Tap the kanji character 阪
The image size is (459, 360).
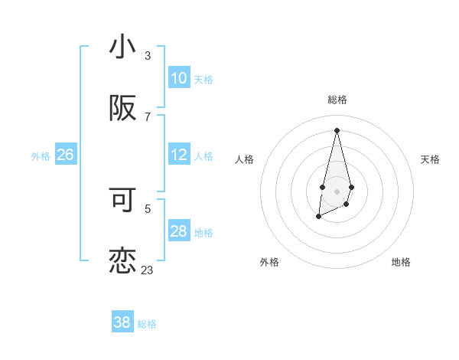122,109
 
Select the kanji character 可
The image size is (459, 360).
122,201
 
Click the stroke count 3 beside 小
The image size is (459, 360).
148,56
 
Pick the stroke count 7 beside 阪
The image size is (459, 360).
148,117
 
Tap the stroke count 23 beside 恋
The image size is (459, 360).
148,270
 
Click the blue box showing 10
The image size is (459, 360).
179,78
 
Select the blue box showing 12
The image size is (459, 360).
179,155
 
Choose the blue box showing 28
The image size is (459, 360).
179,231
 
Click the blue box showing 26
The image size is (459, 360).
65,155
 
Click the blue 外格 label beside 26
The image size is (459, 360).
41,156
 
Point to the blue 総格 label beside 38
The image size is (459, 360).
147,324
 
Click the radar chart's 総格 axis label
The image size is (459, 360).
337,100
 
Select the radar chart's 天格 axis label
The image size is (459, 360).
430,159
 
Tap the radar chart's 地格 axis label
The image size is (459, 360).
401,262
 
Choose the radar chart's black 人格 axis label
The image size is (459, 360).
245,159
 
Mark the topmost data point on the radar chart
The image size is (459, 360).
337,129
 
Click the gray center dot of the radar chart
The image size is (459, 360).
337,190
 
